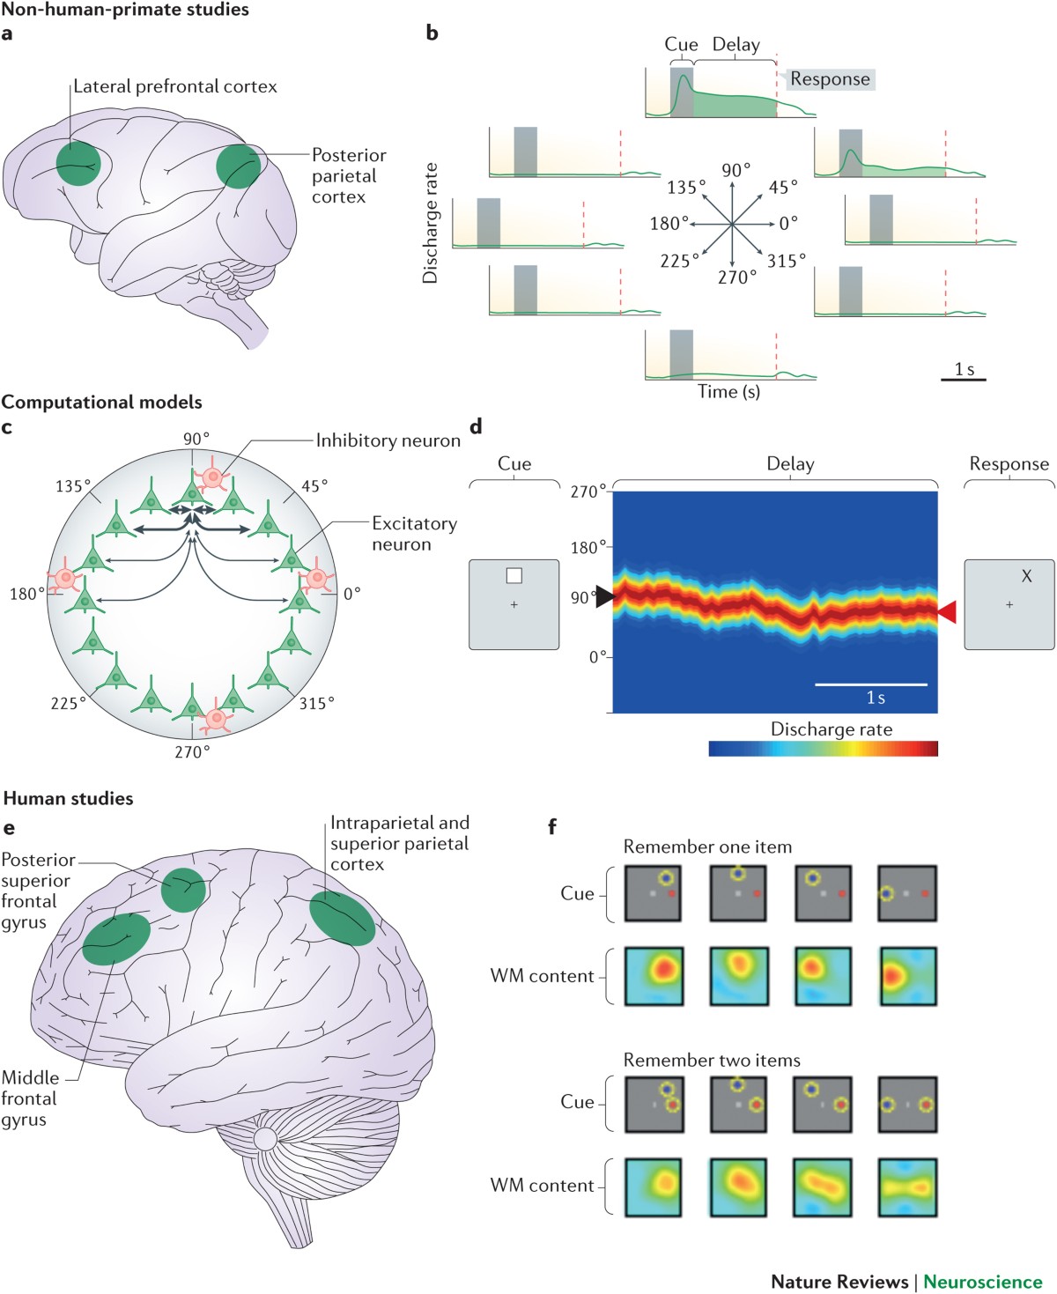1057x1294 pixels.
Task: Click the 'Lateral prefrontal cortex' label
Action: click(174, 86)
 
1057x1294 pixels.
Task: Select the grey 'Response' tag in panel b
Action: click(830, 79)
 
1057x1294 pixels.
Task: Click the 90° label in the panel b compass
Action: click(736, 170)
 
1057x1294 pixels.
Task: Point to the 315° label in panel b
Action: click(786, 261)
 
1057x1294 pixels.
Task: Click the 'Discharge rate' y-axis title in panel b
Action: click(430, 223)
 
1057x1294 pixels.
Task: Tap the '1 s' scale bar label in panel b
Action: click(964, 369)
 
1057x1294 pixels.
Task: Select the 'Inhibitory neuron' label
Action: click(388, 440)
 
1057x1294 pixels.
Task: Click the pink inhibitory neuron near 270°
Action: click(215, 718)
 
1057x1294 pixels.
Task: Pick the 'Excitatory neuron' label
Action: click(414, 534)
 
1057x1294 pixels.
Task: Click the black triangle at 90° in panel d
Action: click(603, 596)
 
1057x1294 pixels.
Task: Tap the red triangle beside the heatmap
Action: click(947, 611)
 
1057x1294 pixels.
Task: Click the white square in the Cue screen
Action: click(514, 576)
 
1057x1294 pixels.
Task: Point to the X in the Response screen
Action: click(1026, 576)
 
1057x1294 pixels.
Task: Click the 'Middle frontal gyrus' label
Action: click(30, 1098)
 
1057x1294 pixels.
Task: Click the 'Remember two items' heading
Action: click(712, 1060)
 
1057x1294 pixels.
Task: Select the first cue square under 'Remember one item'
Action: click(653, 893)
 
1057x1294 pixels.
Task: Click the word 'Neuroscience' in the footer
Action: click(982, 1282)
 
